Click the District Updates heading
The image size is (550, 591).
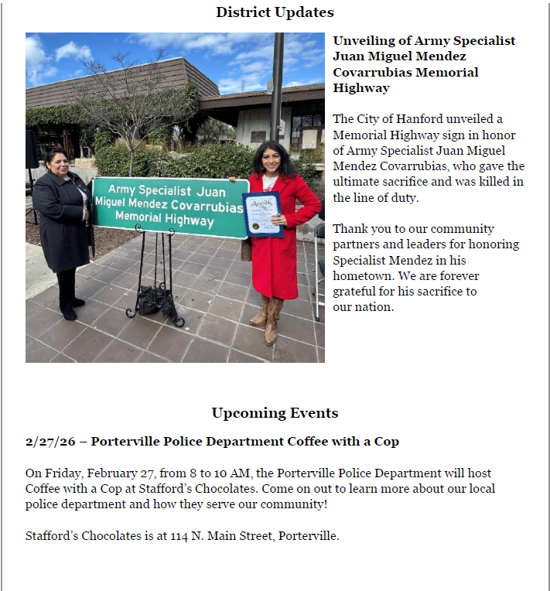(275, 12)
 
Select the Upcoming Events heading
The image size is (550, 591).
(275, 413)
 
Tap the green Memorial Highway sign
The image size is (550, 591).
(171, 205)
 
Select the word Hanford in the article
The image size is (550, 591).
(413, 119)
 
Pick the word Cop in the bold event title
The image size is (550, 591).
(387, 442)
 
